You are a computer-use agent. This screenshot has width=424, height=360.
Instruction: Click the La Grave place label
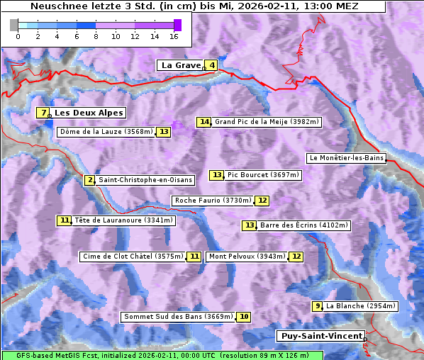(x=182, y=65)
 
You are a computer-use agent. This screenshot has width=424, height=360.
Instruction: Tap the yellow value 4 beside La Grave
(x=212, y=65)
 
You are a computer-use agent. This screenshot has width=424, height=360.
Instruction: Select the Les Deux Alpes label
(x=89, y=113)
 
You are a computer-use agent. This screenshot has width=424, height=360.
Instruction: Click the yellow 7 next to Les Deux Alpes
(x=43, y=113)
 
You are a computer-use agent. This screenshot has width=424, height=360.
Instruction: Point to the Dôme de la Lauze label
(x=106, y=132)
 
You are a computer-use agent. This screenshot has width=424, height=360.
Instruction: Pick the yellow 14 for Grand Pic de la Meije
(x=204, y=122)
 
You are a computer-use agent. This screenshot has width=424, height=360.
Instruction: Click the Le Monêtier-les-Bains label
(x=346, y=158)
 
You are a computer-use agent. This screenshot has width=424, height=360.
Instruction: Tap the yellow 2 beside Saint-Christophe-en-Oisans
(x=89, y=180)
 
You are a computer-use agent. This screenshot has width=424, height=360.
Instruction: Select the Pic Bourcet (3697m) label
(x=263, y=175)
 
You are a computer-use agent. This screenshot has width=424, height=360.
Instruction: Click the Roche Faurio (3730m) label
(x=213, y=201)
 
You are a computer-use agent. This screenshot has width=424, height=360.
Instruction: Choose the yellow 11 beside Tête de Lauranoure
(x=65, y=220)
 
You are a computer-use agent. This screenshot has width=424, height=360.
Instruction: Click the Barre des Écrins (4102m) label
(x=304, y=225)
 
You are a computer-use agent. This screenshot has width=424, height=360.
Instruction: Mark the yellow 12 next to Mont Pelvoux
(x=296, y=257)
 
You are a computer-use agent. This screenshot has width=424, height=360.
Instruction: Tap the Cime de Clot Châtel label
(x=133, y=257)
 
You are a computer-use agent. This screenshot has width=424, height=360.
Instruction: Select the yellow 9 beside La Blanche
(x=317, y=306)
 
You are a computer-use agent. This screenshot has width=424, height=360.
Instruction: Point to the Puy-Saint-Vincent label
(x=321, y=336)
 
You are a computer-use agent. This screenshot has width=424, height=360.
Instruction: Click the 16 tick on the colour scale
(x=174, y=35)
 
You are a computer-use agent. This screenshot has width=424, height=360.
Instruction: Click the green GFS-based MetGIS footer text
(x=162, y=355)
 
